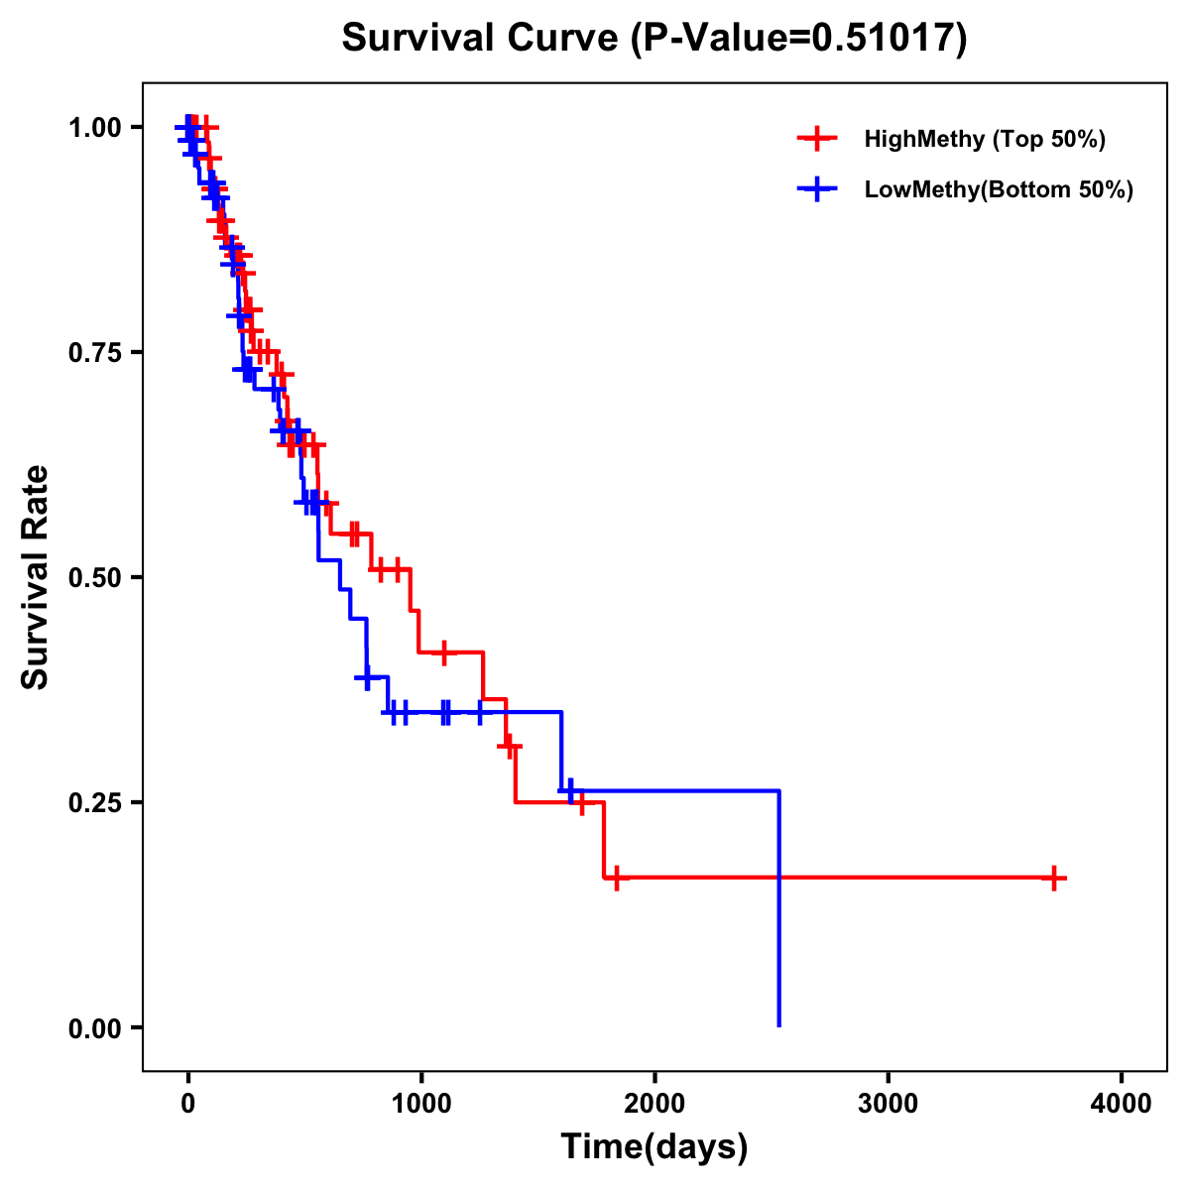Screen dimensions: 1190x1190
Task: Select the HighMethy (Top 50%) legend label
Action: (x=984, y=139)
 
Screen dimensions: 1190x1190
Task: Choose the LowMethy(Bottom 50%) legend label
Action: (x=998, y=189)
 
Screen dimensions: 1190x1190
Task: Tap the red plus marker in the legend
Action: (x=815, y=139)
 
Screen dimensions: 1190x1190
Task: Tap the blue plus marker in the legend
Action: (x=815, y=189)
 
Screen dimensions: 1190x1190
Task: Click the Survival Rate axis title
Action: (x=36, y=577)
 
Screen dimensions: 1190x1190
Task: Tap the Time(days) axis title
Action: (x=654, y=1147)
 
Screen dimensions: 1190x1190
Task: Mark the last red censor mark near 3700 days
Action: (x=1054, y=878)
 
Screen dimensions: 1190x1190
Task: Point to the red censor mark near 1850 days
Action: (x=616, y=878)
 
